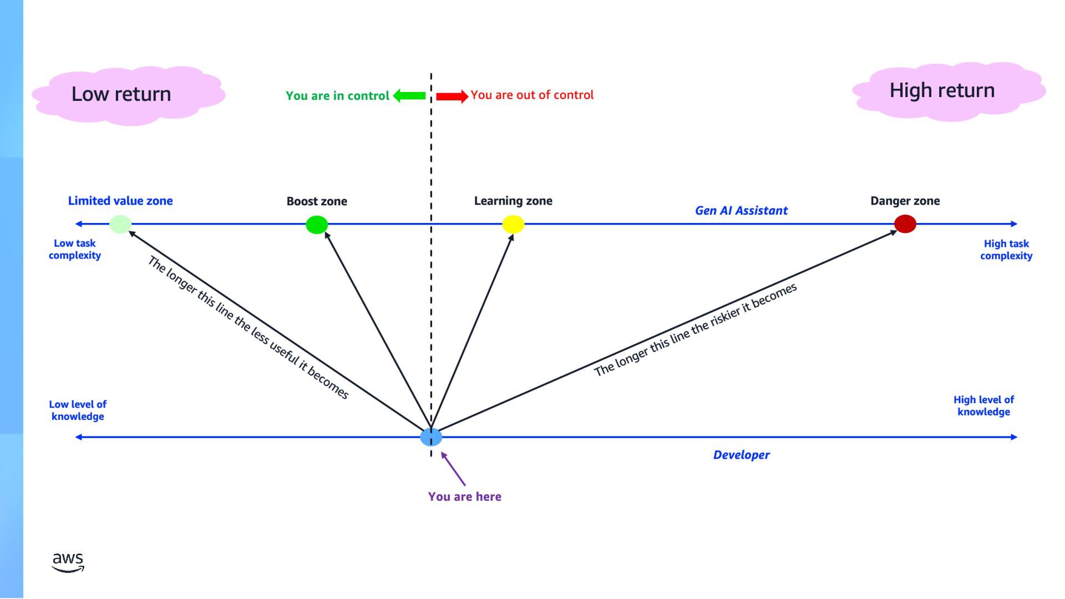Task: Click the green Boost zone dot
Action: (317, 225)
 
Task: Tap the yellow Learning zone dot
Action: (513, 224)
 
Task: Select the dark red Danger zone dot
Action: (905, 224)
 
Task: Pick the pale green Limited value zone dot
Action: (120, 224)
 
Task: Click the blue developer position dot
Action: (431, 437)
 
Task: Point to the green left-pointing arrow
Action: (409, 95)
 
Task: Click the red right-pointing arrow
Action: (452, 96)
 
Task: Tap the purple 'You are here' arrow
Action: (453, 469)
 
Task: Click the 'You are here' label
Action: (465, 496)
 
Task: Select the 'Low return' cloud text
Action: (121, 94)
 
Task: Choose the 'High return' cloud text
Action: (942, 90)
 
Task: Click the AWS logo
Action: (68, 561)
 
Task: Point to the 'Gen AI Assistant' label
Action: (741, 210)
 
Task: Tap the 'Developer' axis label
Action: (741, 455)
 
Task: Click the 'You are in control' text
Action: (337, 95)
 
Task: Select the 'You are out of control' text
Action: (532, 95)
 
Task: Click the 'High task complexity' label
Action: (1006, 250)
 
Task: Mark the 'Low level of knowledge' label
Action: (78, 410)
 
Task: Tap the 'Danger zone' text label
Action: (905, 201)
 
